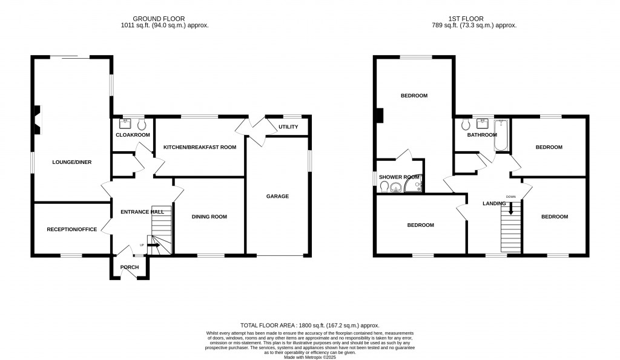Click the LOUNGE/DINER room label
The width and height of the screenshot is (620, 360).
point(71,162)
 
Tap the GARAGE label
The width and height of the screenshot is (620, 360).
point(278,196)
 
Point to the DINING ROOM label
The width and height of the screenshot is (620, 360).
point(209,217)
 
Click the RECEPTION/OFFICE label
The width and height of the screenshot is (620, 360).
point(72,229)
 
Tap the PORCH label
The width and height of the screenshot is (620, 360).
point(130,267)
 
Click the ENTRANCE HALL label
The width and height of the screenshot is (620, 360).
point(142,212)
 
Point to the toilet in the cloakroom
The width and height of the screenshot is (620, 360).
point(142,124)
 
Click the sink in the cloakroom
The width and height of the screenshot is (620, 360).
point(126,123)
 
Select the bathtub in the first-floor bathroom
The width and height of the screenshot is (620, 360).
point(501,136)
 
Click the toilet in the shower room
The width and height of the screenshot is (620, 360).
point(384,188)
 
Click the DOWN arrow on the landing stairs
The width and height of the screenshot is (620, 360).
point(511,209)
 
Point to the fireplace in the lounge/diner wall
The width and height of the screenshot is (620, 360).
point(37,119)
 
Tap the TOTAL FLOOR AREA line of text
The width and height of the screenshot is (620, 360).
point(309,326)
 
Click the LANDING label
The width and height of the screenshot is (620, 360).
point(493,203)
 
